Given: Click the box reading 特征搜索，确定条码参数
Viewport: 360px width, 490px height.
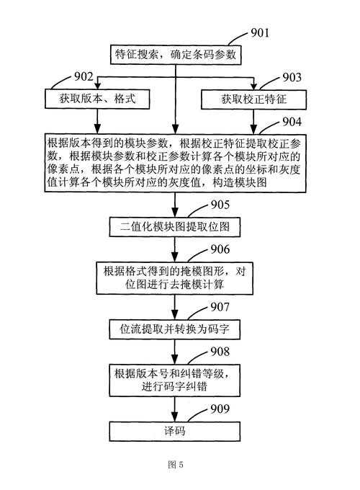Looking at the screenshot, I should click(175, 53).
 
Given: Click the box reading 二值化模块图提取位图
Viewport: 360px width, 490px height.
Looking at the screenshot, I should click(175, 228).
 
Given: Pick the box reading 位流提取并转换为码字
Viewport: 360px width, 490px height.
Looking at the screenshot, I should click(175, 329).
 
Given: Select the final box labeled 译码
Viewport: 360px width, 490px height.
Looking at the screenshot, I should click(175, 431).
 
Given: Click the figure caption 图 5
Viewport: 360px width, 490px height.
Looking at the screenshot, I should click(175, 465).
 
